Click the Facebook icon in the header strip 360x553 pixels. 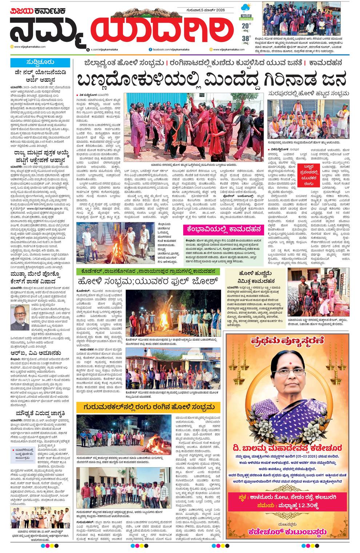coord(150,49)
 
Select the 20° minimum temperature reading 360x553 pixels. coord(246,26)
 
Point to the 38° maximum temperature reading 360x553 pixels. coord(246,38)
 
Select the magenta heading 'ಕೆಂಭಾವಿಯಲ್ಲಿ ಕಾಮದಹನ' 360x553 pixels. coord(223,229)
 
